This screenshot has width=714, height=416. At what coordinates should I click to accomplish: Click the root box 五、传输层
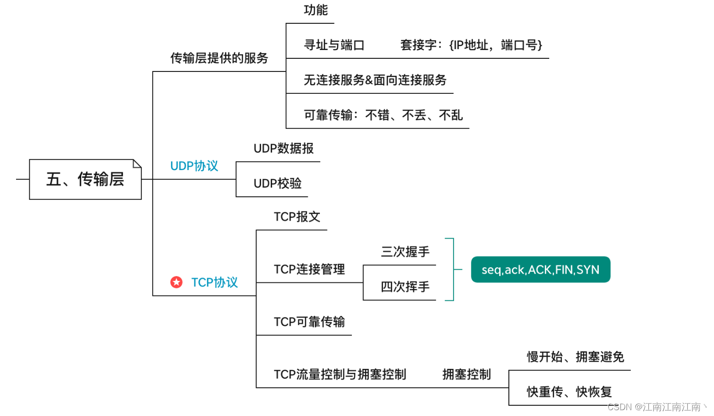[x=85, y=179]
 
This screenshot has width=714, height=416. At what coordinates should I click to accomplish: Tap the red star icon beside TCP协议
[x=176, y=282]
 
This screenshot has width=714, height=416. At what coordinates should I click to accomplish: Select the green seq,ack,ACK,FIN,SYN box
[x=540, y=270]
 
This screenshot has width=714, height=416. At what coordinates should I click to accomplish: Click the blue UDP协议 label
[x=194, y=166]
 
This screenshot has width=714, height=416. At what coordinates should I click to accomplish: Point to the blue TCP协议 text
[x=214, y=282]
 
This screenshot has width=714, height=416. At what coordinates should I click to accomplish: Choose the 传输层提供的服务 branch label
[x=219, y=58]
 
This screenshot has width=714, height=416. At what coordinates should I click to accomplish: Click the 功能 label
[x=315, y=10]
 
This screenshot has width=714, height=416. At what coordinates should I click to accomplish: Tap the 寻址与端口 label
[x=334, y=45]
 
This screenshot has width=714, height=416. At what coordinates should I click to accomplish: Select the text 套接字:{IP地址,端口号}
[x=470, y=45]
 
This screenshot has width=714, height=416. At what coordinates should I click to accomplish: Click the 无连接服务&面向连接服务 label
[x=375, y=80]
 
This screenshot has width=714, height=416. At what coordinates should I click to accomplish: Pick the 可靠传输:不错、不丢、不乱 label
[x=383, y=115]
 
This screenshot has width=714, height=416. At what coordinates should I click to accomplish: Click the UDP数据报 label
[x=283, y=149]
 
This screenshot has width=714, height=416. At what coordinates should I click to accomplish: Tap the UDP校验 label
[x=278, y=184]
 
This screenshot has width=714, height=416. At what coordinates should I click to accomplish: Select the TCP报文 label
[x=297, y=217]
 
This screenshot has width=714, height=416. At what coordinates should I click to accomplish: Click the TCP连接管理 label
[x=309, y=269]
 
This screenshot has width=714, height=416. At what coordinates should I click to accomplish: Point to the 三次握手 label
[x=405, y=252]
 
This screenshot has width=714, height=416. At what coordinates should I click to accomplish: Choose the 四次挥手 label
[x=405, y=287]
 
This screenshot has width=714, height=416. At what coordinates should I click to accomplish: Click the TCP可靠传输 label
[x=309, y=322]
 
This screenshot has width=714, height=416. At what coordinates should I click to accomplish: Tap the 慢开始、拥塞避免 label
[x=575, y=357]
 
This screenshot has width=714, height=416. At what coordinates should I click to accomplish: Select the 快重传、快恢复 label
[x=569, y=392]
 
